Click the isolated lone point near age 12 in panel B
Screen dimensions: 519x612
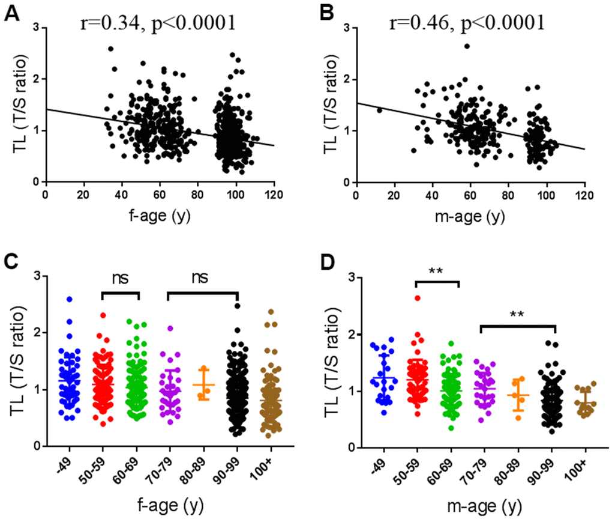click(379, 110)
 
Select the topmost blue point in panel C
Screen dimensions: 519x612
click(70, 299)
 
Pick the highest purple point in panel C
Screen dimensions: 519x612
click(170, 328)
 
